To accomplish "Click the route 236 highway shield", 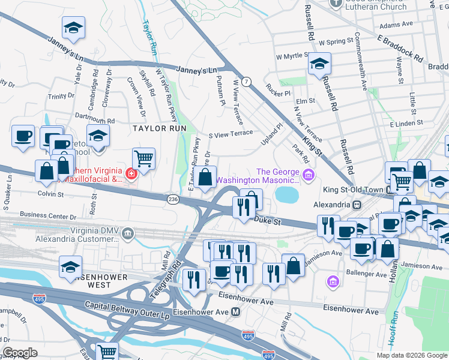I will pos(173,199).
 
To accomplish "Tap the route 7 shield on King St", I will pos(247,80).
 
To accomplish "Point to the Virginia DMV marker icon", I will pos(127,233).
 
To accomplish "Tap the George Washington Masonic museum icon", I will pos(309,175).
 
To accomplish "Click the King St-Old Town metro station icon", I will pos(357,205).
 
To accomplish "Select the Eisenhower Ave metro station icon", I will pos(236,312).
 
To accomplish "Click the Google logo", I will pos(20,353).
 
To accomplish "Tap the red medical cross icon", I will pos(131,175).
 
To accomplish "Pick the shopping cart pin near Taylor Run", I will pos(143,159).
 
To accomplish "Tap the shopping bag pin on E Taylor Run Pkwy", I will pos(205,177).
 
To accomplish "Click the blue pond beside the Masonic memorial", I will pos(287,194).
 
